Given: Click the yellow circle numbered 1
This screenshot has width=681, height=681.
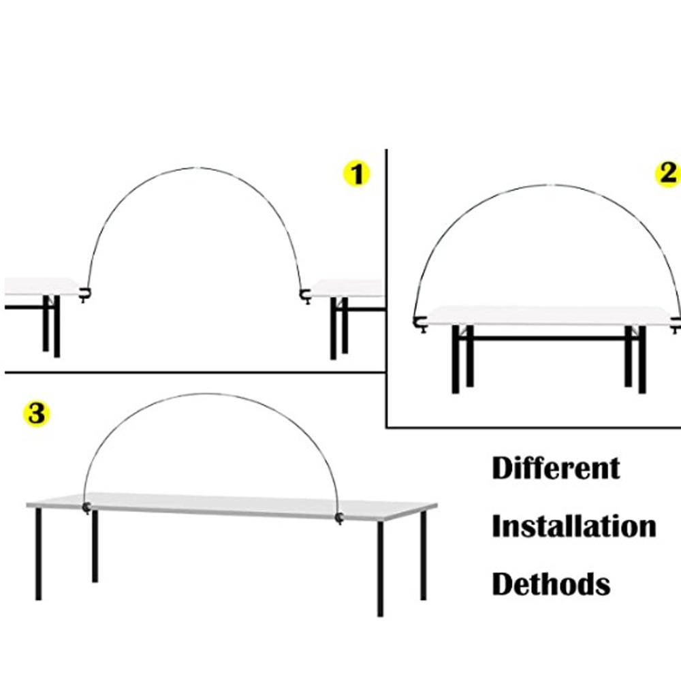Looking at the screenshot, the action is (x=357, y=174).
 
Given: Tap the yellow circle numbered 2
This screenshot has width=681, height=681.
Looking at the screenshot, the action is (x=668, y=174).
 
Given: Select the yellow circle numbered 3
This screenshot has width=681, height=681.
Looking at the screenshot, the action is (x=37, y=413).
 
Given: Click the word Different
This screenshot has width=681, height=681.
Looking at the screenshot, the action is (x=556, y=469).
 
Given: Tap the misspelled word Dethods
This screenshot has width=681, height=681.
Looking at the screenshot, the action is (x=551, y=584).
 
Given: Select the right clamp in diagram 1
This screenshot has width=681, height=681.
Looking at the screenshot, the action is (x=305, y=296).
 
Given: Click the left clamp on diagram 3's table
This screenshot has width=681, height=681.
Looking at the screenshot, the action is (x=86, y=507).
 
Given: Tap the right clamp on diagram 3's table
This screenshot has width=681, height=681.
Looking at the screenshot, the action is (x=339, y=518).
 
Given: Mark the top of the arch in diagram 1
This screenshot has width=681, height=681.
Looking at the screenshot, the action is (x=195, y=168).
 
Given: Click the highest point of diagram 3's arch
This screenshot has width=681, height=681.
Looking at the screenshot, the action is (x=208, y=394).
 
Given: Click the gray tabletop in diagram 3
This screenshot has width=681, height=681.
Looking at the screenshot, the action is (x=232, y=506).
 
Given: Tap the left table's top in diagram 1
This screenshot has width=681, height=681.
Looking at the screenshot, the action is (x=42, y=287).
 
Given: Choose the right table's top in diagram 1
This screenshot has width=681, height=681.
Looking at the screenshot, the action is (x=346, y=288).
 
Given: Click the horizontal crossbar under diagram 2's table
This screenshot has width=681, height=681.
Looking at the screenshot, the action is (x=549, y=338).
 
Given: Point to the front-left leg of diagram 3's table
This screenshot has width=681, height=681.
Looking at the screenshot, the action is (x=38, y=554).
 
